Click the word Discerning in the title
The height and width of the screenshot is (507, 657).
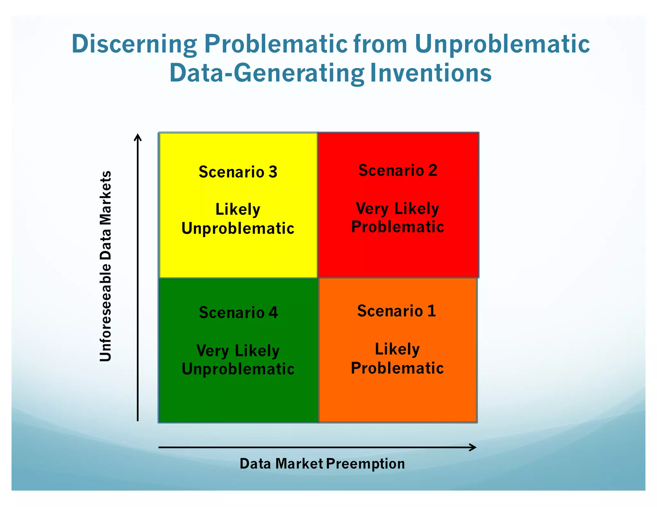tap(134, 44)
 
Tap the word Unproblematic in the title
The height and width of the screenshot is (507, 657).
tap(502, 44)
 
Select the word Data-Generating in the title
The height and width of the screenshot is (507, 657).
tap(267, 73)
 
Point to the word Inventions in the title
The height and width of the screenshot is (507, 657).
tap(431, 73)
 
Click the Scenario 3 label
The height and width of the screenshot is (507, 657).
tap(238, 172)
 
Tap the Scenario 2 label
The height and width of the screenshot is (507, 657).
tap(398, 170)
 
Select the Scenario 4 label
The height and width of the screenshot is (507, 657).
tap(238, 312)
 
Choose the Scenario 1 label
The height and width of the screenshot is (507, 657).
tap(397, 311)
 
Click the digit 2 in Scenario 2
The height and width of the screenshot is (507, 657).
tap(433, 170)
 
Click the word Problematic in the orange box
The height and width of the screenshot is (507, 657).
tap(397, 368)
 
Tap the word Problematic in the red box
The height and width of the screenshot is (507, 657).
tap(397, 227)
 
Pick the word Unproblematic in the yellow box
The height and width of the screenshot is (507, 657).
tap(238, 229)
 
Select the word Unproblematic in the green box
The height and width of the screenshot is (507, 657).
tap(238, 369)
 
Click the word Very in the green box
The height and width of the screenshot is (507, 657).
tap(212, 351)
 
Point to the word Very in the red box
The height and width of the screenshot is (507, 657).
tap(372, 209)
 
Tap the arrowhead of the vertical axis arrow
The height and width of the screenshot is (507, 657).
tap(138, 137)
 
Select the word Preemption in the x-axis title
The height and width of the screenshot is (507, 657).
tap(365, 464)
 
